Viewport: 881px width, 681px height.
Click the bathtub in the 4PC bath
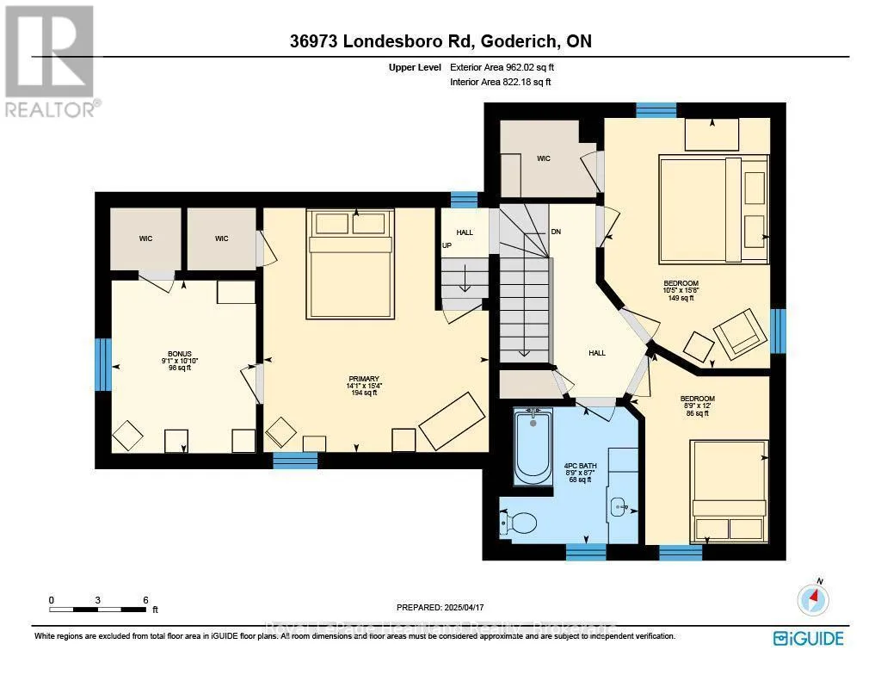(533, 446)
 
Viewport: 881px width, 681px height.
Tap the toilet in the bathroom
(519, 522)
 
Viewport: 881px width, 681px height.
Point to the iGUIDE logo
(808, 638)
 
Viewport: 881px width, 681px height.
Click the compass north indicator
(813, 597)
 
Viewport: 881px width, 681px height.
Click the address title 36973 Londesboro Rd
(440, 41)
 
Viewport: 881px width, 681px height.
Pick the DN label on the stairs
(556, 232)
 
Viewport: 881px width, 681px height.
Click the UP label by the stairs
(447, 245)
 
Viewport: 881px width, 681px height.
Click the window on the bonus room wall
(103, 364)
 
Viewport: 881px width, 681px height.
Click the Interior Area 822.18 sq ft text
(500, 82)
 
